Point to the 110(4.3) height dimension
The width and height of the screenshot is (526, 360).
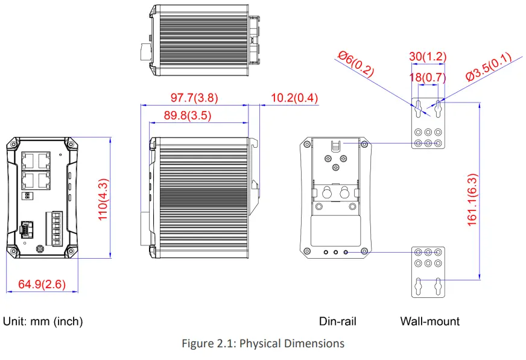tap(103, 198)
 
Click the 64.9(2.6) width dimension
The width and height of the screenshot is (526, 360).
tap(42, 284)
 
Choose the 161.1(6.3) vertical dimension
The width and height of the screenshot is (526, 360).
tap(472, 200)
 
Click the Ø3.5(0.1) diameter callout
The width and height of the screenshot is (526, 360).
tap(488, 67)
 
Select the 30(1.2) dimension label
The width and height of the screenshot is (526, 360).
tap(428, 57)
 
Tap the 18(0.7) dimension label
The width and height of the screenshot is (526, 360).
tap(428, 77)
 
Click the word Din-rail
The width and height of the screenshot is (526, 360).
tap(337, 321)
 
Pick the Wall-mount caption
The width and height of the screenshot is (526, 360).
tap(429, 321)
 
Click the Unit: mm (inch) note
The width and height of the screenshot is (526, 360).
tap(43, 321)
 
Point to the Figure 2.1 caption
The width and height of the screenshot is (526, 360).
tap(263, 343)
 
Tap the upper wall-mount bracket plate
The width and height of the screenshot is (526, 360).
tap(428, 123)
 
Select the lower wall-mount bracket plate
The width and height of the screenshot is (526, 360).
tap(428, 271)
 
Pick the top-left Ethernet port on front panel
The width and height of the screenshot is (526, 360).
tap(28, 160)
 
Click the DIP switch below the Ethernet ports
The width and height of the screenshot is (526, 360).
tap(27, 196)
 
